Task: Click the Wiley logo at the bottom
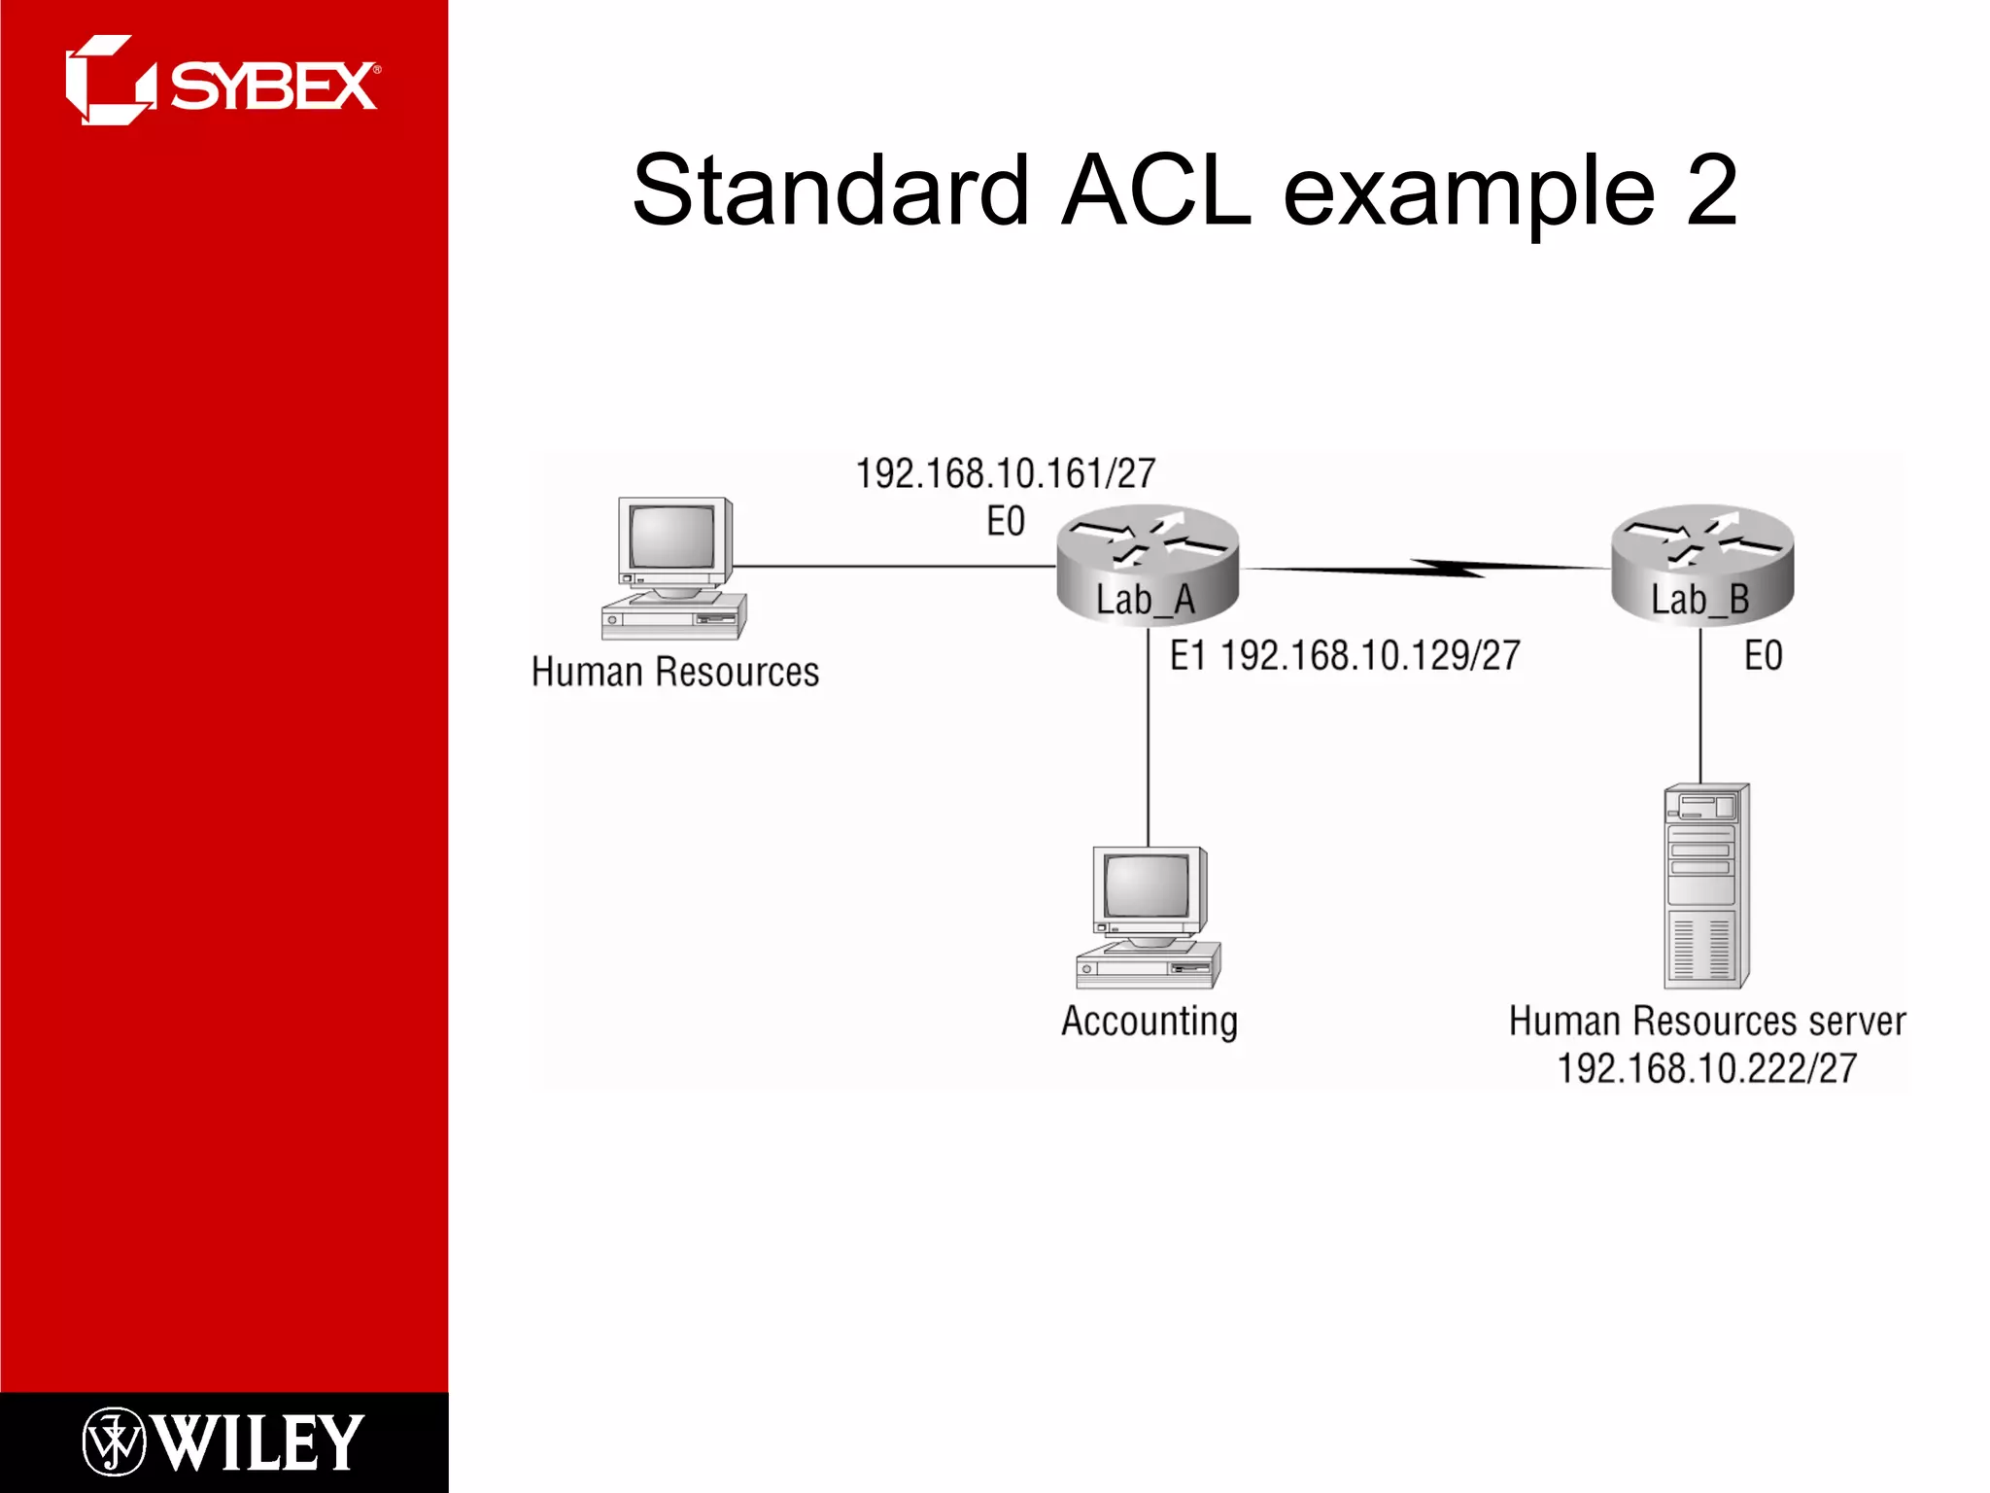[223, 1441]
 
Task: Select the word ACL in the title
[1155, 191]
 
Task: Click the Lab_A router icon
[1148, 564]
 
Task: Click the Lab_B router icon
[1701, 564]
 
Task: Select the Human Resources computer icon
[673, 568]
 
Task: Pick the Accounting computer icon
[1148, 918]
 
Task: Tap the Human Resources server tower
[1706, 885]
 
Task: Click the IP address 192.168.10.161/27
[1005, 474]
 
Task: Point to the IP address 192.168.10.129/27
[1369, 656]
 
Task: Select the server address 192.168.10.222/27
[1706, 1069]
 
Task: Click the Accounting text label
[1149, 1022]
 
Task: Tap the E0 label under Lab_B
[1763, 656]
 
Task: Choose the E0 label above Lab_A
[1006, 522]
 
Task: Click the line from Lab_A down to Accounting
[1149, 739]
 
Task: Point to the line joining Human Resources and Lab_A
[894, 566]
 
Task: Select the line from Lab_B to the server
[1700, 710]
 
